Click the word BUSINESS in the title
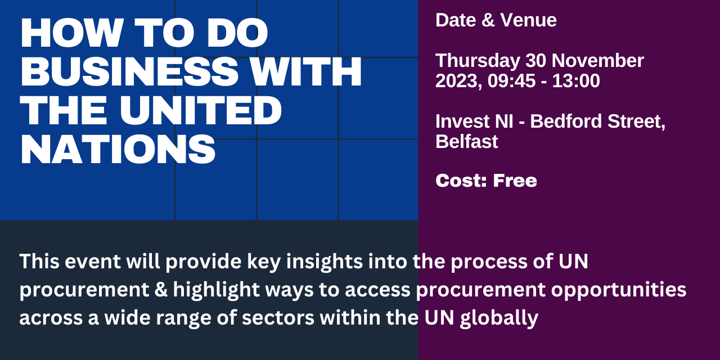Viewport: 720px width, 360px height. coord(129,71)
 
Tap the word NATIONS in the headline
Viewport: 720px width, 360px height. coord(118,150)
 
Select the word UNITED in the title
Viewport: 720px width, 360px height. coord(201,111)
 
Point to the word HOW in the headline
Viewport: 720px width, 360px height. coord(72,33)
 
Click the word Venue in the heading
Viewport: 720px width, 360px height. coord(528,20)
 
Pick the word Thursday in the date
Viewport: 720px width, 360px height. coord(478,61)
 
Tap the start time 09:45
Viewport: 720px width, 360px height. coord(512,80)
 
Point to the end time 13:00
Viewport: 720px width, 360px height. coord(576,80)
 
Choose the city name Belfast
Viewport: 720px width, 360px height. coord(467,141)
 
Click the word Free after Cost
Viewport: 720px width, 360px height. coord(515,181)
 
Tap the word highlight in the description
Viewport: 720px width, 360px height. coord(217,290)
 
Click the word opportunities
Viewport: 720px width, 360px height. coord(619,290)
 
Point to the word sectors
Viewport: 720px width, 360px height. coord(278,318)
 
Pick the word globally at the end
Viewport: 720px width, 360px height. coord(499,318)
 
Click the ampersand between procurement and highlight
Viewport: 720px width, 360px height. coord(161,289)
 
